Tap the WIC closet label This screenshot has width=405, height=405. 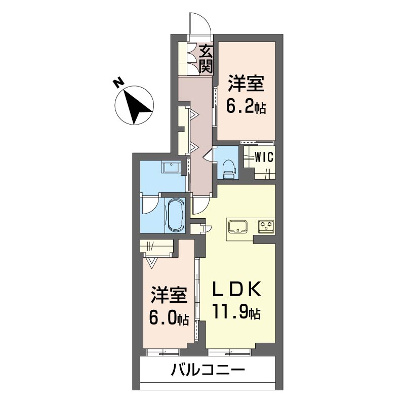click(264, 157)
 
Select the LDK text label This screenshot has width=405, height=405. click(236, 290)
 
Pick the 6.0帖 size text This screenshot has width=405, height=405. click(169, 317)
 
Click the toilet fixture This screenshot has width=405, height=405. click(228, 169)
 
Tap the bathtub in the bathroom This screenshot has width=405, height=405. click(175, 214)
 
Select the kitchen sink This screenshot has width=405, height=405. click(237, 226)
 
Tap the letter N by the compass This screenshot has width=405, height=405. click(118, 83)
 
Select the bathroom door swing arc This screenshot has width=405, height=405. click(149, 206)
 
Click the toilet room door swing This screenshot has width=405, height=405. click(209, 153)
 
